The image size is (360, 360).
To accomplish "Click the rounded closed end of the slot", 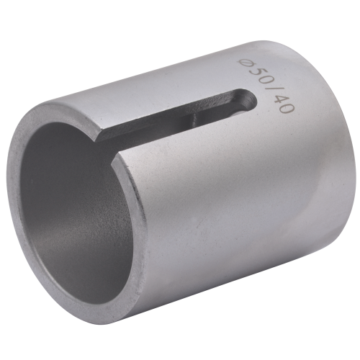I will (248, 101).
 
